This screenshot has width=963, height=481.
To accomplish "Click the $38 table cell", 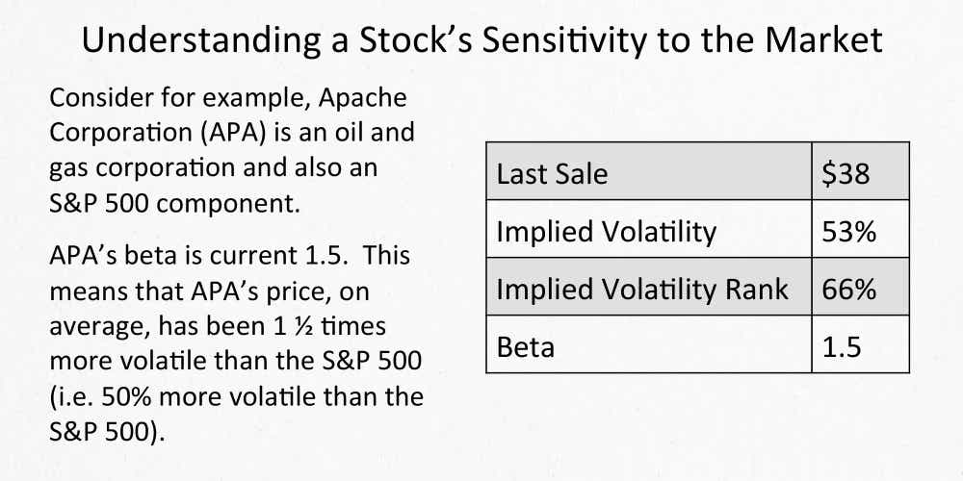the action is click(x=846, y=174).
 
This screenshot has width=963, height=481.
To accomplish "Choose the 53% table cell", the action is click(x=848, y=232).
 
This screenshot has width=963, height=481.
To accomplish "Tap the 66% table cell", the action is click(x=848, y=290).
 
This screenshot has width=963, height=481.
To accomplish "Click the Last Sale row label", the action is click(x=552, y=174).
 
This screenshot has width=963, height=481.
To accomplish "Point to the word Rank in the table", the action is click(x=753, y=290).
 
